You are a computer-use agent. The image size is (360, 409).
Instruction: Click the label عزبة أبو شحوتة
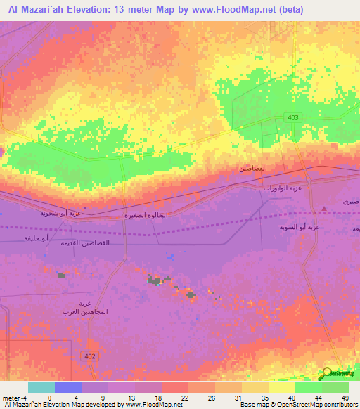point(59,212)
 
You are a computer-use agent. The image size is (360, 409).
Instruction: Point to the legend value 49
point(345,397)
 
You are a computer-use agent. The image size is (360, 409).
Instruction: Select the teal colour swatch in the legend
point(41,387)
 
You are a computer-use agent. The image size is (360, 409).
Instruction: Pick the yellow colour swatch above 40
point(282,387)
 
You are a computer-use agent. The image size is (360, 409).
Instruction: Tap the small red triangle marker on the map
point(323,208)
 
